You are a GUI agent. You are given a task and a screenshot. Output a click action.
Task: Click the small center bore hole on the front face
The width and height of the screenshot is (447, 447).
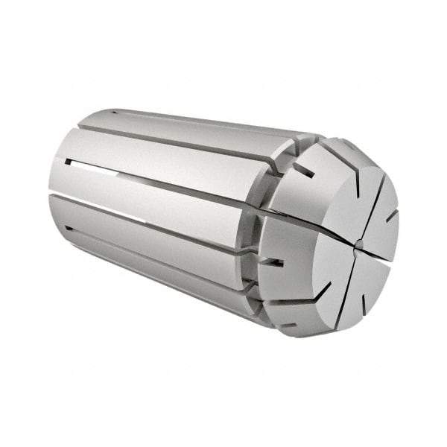point(358,243)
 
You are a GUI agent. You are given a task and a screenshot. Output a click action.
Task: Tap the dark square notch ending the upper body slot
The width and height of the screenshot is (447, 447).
point(68,161)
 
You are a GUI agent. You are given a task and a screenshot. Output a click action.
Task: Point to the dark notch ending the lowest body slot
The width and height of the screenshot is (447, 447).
point(69,229)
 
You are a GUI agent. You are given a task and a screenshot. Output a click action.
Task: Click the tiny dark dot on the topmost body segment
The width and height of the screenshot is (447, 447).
point(115,112)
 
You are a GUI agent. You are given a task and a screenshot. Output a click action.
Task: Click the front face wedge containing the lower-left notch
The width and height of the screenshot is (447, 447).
point(328,261)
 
